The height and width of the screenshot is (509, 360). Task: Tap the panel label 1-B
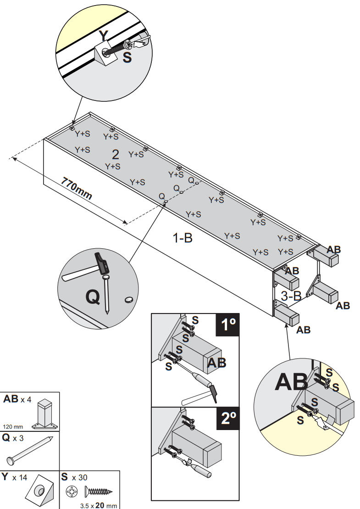[x=182, y=238]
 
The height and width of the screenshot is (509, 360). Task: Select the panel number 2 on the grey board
[x=115, y=154]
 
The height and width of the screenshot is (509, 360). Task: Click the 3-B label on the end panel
[x=291, y=296]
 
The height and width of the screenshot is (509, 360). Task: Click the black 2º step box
[x=227, y=419]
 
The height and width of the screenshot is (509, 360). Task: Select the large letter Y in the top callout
[x=105, y=36]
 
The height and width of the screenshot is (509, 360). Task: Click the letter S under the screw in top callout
[x=127, y=58]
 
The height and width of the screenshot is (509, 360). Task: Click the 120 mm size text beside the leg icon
[x=13, y=425]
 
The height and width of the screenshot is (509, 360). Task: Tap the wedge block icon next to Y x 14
[x=40, y=492]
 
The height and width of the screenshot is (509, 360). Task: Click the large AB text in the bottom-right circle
[x=291, y=382]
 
